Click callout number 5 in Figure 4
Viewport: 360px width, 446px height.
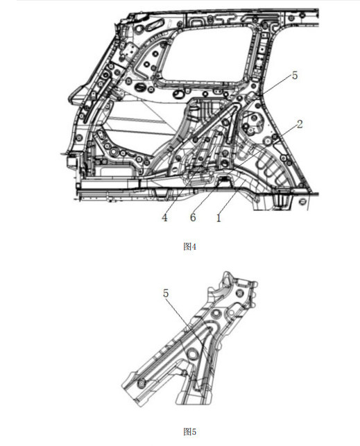295,76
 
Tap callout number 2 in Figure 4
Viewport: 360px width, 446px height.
300,124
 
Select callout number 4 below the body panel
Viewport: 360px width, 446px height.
164,218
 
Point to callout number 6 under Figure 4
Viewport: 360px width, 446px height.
193,218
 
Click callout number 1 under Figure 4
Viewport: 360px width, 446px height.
218,218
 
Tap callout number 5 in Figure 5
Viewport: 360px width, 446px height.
166,293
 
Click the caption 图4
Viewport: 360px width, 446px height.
189,247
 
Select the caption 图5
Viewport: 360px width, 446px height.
189,431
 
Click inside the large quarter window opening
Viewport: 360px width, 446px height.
207,54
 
